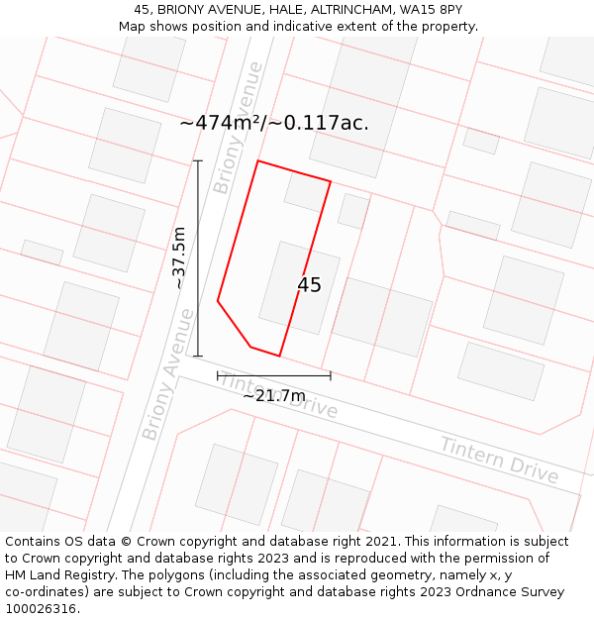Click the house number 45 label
pyautogui.click(x=309, y=285)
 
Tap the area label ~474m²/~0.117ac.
pyautogui.click(x=274, y=123)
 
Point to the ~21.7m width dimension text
pyautogui.click(x=274, y=396)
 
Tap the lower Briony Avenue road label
pyautogui.click(x=168, y=373)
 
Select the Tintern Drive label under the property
pyautogui.click(x=278, y=395)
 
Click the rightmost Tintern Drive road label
pyautogui.click(x=499, y=461)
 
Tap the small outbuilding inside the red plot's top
pyautogui.click(x=305, y=192)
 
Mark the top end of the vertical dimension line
pyautogui.click(x=198, y=160)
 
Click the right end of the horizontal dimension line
pyautogui.click(x=331, y=376)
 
